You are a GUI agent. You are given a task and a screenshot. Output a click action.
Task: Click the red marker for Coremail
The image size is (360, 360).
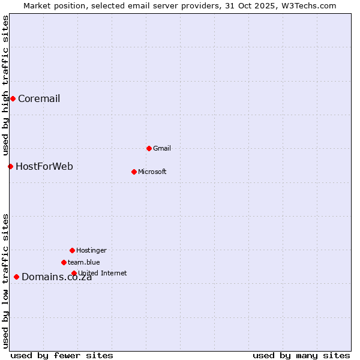[x=13, y=98]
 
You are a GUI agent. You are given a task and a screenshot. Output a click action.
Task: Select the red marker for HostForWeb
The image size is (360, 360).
[x=10, y=166]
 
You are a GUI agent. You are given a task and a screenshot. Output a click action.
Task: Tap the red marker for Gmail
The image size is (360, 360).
[x=149, y=148]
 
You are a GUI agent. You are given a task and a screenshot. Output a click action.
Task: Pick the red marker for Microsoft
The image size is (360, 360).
[x=134, y=172]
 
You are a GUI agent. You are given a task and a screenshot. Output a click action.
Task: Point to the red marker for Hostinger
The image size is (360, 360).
[x=72, y=250]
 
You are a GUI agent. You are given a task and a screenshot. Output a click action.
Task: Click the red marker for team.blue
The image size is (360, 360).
[x=64, y=262]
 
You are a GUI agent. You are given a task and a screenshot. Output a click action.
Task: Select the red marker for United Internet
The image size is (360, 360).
[x=74, y=273]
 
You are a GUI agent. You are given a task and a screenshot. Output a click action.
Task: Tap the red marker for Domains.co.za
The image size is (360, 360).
[x=16, y=277]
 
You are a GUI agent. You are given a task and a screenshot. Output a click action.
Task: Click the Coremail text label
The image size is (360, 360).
[x=39, y=99]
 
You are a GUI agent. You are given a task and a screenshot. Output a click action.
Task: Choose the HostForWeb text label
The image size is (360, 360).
[x=44, y=166]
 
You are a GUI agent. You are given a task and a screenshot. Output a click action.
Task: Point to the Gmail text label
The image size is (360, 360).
[x=162, y=148]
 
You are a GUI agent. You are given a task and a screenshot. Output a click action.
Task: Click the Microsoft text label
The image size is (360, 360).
[x=152, y=172]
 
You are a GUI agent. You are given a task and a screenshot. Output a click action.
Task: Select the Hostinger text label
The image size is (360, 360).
[x=91, y=250]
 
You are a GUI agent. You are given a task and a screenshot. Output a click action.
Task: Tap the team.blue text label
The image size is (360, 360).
[x=84, y=262]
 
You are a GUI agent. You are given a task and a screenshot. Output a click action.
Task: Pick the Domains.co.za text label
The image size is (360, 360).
[x=56, y=277]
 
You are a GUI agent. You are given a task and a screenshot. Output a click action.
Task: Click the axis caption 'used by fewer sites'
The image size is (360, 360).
[x=62, y=355]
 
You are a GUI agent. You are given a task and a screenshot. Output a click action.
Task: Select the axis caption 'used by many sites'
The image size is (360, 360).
[x=301, y=355]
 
